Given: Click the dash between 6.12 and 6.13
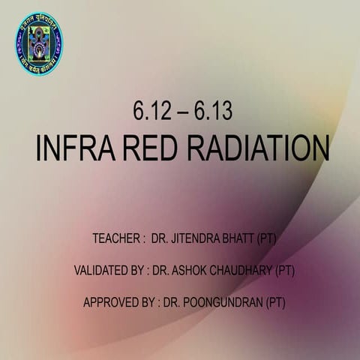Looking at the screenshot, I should (x=181, y=112).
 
